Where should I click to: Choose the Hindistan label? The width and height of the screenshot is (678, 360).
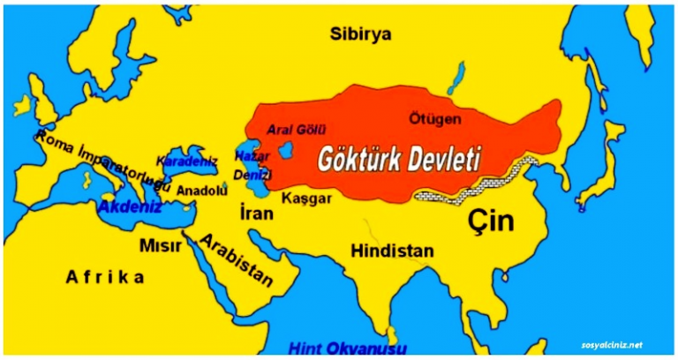(392, 251)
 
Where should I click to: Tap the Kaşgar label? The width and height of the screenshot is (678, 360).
(306, 199)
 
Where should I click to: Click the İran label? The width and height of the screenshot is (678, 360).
(254, 214)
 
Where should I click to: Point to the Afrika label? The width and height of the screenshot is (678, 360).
(104, 278)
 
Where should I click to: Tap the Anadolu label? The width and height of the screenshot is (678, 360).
(197, 190)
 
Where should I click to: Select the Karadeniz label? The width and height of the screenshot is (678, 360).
(187, 161)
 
